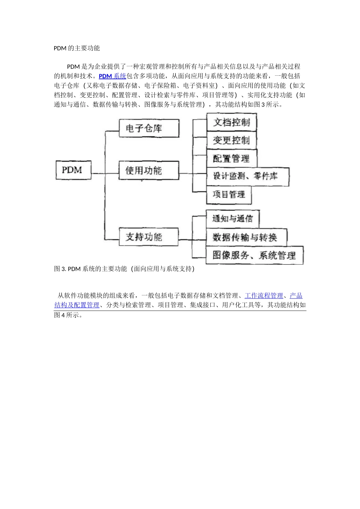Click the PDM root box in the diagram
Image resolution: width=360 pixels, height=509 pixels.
(x=72, y=170)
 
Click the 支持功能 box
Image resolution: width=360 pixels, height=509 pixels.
(x=148, y=237)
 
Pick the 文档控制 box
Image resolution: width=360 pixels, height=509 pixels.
(x=231, y=122)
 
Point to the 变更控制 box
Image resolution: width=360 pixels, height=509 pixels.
(x=231, y=141)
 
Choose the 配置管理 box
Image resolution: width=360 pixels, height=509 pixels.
(x=231, y=158)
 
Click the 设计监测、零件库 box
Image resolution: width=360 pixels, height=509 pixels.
(x=247, y=176)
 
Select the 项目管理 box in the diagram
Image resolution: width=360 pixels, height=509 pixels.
(x=229, y=195)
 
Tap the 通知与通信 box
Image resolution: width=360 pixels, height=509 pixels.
(x=232, y=219)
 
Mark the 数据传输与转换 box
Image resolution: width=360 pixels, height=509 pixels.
(x=246, y=237)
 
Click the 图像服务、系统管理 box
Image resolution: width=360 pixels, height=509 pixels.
(x=254, y=255)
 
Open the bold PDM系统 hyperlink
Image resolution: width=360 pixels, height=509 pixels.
(x=112, y=76)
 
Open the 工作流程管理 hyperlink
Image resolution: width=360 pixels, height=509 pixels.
(x=264, y=296)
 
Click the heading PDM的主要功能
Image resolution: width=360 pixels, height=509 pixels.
(x=77, y=48)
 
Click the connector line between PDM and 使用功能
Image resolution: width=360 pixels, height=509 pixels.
(x=98, y=173)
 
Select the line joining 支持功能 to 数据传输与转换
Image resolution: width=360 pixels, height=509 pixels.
(x=191, y=239)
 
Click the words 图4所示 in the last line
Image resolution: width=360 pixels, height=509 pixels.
(x=68, y=315)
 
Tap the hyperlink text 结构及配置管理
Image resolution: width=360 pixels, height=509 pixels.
(x=77, y=305)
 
